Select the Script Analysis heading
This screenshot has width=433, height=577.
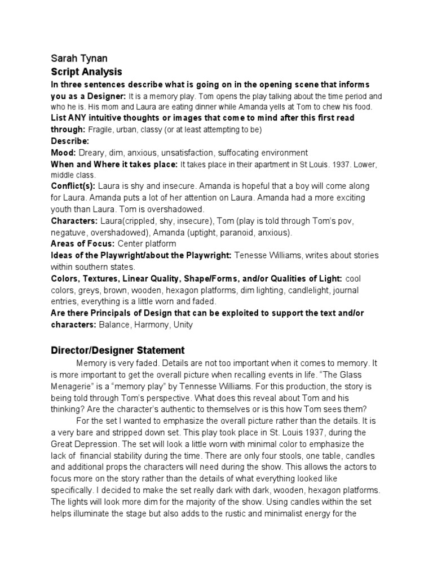pyautogui.click(x=86, y=72)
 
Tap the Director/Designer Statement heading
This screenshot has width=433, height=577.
pyautogui.click(x=118, y=350)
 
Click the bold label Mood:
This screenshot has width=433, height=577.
pyautogui.click(x=64, y=152)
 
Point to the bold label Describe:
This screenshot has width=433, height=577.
pyautogui.click(x=70, y=140)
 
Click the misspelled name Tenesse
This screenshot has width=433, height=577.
pyautogui.click(x=251, y=255)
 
